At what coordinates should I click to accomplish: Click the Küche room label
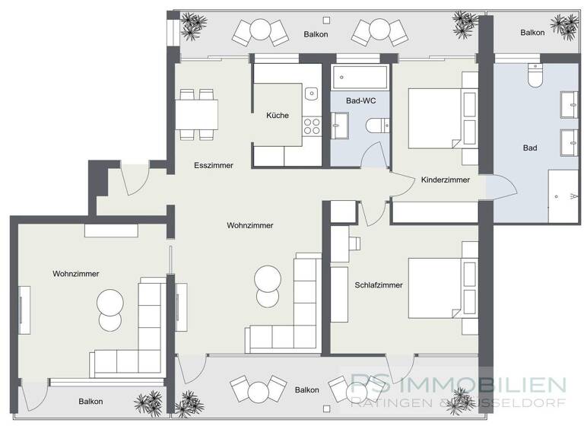tap(277, 116)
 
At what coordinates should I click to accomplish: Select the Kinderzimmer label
tap(445, 180)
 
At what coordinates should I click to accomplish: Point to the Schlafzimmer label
tap(378, 285)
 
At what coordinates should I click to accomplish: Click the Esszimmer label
tap(213, 165)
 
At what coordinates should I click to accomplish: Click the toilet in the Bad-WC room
tap(374, 126)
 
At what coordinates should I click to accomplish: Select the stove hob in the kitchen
tap(312, 126)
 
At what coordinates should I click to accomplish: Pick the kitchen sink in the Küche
tap(310, 94)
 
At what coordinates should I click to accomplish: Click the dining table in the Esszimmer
tap(196, 115)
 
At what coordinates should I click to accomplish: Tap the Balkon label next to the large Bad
tap(532, 33)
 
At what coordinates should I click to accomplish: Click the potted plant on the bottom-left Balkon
tap(147, 402)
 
